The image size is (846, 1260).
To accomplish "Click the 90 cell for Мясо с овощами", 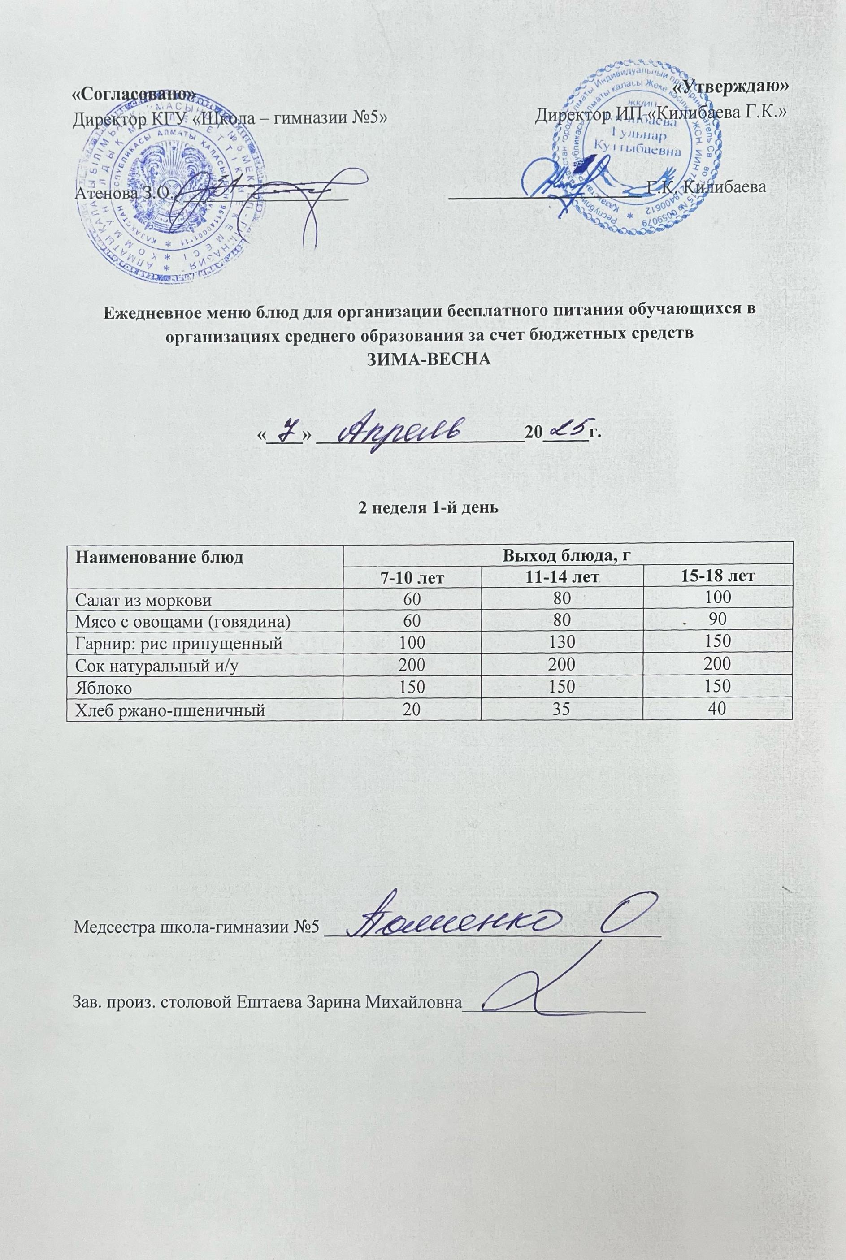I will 718,620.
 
